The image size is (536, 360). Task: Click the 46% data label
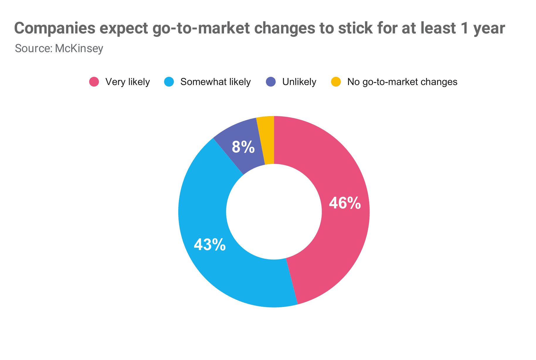pos(345,203)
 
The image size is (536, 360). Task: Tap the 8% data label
pos(243,147)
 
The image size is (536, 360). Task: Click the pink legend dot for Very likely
pos(94,82)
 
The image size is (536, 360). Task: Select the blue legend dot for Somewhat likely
pos(169,82)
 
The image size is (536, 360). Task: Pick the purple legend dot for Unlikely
pos(271,82)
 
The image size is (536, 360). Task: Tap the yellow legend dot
pos(336,82)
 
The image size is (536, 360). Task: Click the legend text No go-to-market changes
pos(402,82)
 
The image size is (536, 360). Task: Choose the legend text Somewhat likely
pos(216,82)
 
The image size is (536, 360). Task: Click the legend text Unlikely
pos(299,82)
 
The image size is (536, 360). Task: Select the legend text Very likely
pos(128,82)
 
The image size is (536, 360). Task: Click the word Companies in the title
pos(55,29)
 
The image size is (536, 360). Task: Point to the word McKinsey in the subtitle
pos(79,48)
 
